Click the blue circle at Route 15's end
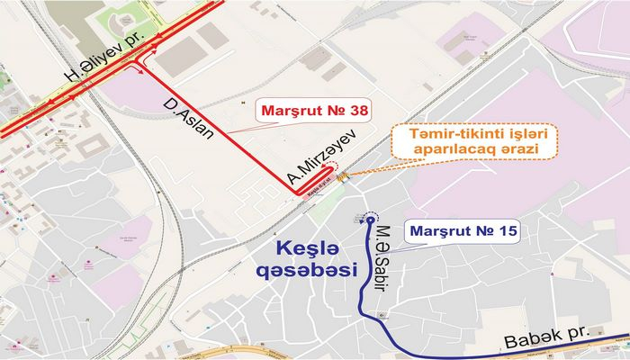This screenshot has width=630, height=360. (x=370, y=219)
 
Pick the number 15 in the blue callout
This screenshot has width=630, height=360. (x=505, y=232)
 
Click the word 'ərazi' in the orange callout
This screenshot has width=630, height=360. (x=516, y=153)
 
